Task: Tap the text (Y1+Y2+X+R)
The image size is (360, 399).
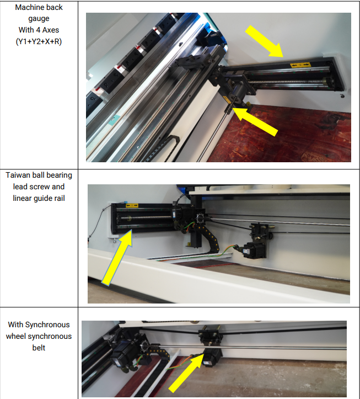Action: pos(39,41)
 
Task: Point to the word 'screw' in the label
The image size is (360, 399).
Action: pos(39,187)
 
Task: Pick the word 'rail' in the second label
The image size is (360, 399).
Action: pos(60,198)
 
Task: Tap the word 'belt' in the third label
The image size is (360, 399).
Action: pos(39,348)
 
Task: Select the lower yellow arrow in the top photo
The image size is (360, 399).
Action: pos(255,121)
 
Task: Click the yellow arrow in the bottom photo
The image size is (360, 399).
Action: pos(186,373)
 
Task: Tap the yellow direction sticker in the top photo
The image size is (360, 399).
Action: pos(300,65)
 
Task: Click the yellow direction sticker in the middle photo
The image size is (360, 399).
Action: pos(132,205)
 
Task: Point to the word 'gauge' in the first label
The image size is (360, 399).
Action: pos(39,19)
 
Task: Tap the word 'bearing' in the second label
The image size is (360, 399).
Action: pos(60,175)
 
